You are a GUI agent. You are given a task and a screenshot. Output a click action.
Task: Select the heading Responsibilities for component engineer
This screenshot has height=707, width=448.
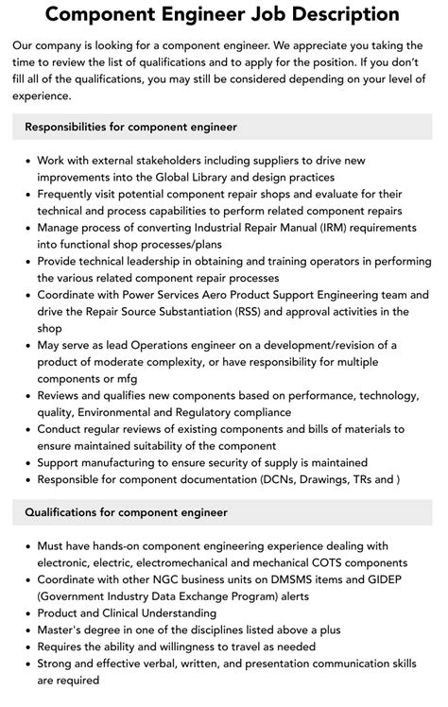(130, 126)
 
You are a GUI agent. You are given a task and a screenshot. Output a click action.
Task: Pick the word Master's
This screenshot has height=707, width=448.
(62, 629)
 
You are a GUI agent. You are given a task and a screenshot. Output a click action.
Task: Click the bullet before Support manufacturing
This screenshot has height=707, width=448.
(26, 463)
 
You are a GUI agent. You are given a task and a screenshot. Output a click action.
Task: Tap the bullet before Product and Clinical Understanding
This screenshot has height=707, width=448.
(26, 612)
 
